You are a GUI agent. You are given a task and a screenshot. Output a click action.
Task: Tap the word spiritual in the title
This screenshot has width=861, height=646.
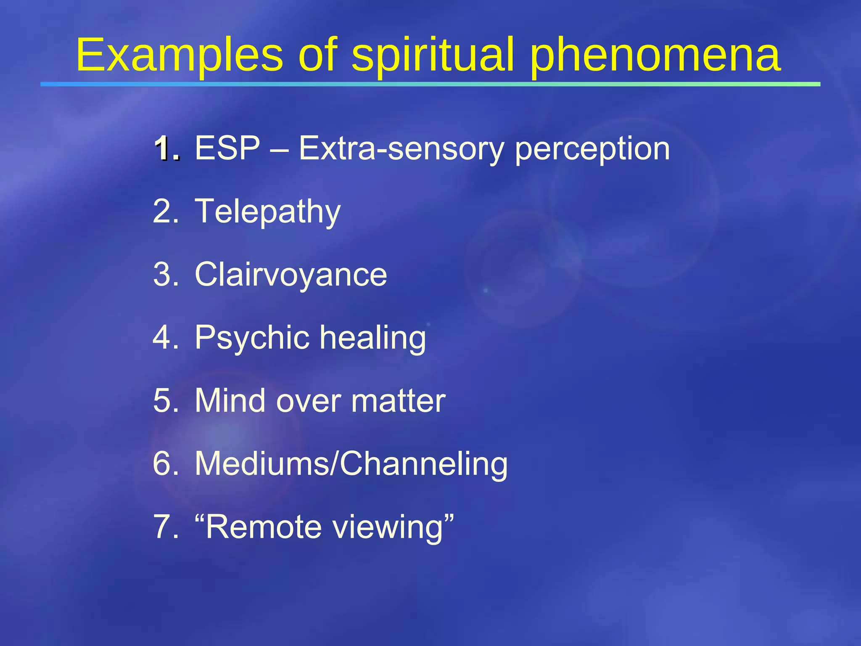coord(433,56)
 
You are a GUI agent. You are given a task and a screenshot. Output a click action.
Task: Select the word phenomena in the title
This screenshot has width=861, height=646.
coord(655,56)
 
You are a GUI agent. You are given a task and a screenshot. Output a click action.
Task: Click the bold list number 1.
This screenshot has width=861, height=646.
coord(167,149)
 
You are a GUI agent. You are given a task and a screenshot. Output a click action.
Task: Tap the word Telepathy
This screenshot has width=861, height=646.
coord(267,212)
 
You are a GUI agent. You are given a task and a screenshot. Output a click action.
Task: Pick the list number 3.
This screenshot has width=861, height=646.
coord(166,275)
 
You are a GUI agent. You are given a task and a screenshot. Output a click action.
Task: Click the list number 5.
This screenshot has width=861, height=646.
coord(166,401)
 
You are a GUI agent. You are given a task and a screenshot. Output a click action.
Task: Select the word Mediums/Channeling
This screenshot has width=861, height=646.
coord(351,464)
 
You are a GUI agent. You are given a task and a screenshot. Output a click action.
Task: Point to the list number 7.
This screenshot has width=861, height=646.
coord(166,527)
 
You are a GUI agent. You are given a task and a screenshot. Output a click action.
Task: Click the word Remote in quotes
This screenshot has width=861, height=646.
coord(264,527)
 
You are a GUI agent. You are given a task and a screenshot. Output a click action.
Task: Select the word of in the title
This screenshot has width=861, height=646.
coord(317,56)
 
